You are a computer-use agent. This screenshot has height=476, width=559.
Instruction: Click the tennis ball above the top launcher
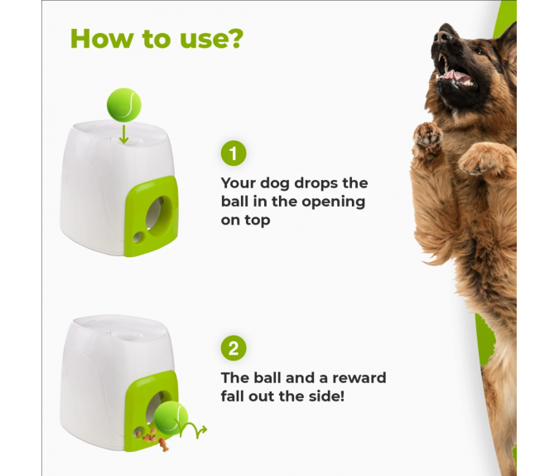pyautogui.click(x=123, y=105)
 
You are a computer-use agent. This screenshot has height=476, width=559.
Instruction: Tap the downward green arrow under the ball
pyautogui.click(x=123, y=134)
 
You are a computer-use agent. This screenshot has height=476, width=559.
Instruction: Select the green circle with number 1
pyautogui.click(x=234, y=153)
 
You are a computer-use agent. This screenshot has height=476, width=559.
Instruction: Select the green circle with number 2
pyautogui.click(x=234, y=347)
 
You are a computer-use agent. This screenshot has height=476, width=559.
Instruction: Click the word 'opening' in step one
pyautogui.click(x=334, y=202)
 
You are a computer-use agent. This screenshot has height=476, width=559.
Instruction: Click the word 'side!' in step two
pyautogui.click(x=326, y=396)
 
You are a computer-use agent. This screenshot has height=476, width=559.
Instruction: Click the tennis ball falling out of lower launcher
pyautogui.click(x=171, y=418)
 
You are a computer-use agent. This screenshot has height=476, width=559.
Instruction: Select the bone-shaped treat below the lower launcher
pyautogui.click(x=164, y=445)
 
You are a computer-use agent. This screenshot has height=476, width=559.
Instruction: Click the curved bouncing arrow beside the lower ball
pyautogui.click(x=192, y=429)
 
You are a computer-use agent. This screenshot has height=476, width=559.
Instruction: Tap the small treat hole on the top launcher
pyautogui.click(x=137, y=237)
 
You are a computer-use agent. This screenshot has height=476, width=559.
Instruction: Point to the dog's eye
pyautogui.click(x=480, y=51)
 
